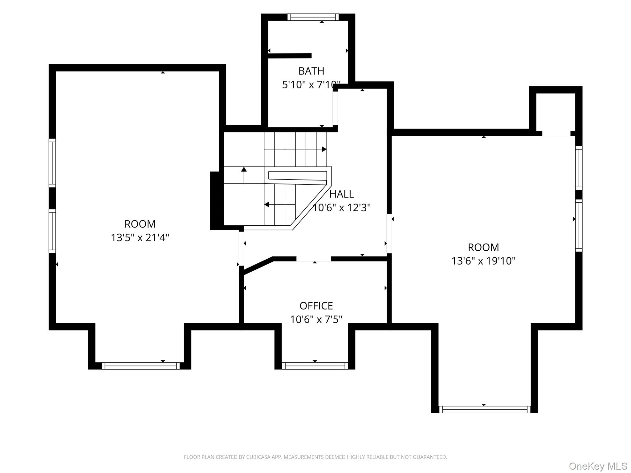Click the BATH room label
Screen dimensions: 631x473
[x=311, y=71]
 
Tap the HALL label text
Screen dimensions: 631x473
[x=341, y=194]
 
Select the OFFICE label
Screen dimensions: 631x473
[x=316, y=306]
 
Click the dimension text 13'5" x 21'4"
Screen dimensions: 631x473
[x=140, y=238]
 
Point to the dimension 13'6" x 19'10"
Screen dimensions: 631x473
[x=483, y=261]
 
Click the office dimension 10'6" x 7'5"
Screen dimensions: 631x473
[x=316, y=320]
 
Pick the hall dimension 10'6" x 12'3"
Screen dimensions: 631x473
[x=342, y=208]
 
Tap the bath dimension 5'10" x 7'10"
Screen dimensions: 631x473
[x=311, y=85]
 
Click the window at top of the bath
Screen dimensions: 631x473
[x=313, y=17]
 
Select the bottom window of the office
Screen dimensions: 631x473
[x=315, y=366]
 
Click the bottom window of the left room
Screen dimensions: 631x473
[x=140, y=366]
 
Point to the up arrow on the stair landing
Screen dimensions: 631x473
[x=244, y=175]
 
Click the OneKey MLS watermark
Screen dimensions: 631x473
[x=598, y=466]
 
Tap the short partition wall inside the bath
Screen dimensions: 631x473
[x=290, y=56]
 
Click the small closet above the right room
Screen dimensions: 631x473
[x=556, y=112]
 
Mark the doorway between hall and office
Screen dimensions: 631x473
[x=314, y=259]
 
